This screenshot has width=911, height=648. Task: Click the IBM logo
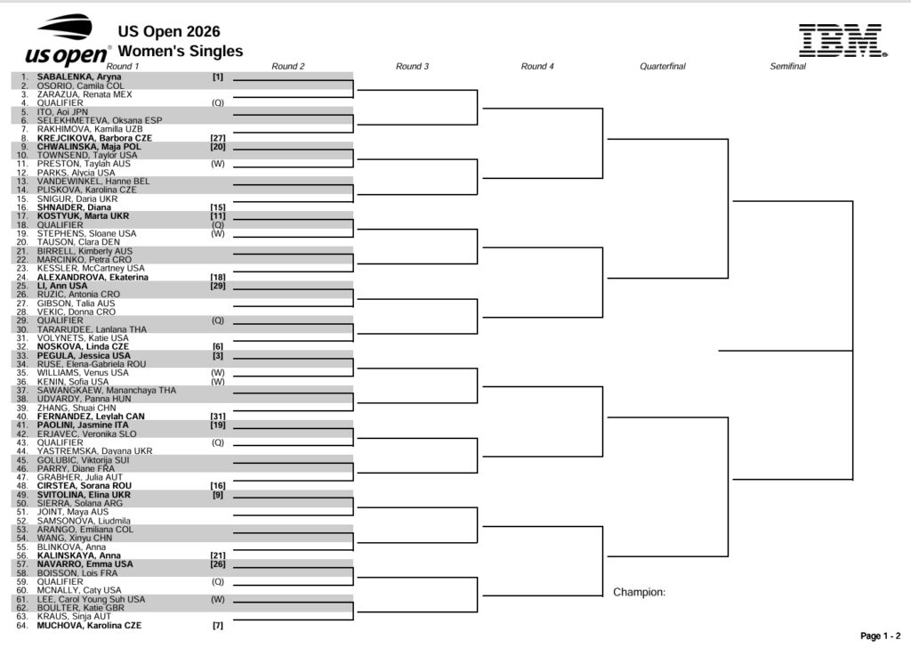[x=842, y=41]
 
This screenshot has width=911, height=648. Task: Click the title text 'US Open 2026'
[x=169, y=31]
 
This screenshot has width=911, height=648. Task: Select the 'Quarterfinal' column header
[x=662, y=66]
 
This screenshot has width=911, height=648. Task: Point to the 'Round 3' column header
[x=412, y=66]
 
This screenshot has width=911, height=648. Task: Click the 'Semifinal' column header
[x=788, y=66]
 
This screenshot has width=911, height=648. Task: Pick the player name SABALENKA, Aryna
[x=79, y=77]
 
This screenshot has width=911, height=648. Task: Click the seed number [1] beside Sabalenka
[x=217, y=77]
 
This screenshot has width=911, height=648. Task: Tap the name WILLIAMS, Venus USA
[x=83, y=373]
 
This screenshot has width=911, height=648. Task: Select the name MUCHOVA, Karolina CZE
[x=89, y=626]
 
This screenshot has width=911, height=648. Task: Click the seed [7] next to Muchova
[x=217, y=626]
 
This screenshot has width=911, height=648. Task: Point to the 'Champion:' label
[x=639, y=592]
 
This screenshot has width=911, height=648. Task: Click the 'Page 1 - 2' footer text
[x=880, y=636]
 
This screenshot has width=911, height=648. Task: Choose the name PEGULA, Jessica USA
[x=84, y=356]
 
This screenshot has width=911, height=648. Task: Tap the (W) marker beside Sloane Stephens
[x=217, y=233]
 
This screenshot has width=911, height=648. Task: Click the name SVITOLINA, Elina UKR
[x=84, y=495]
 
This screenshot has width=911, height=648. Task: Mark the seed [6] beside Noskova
[x=217, y=346]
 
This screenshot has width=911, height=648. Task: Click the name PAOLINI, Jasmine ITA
[x=83, y=425]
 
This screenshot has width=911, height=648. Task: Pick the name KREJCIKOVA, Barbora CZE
[x=94, y=138]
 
